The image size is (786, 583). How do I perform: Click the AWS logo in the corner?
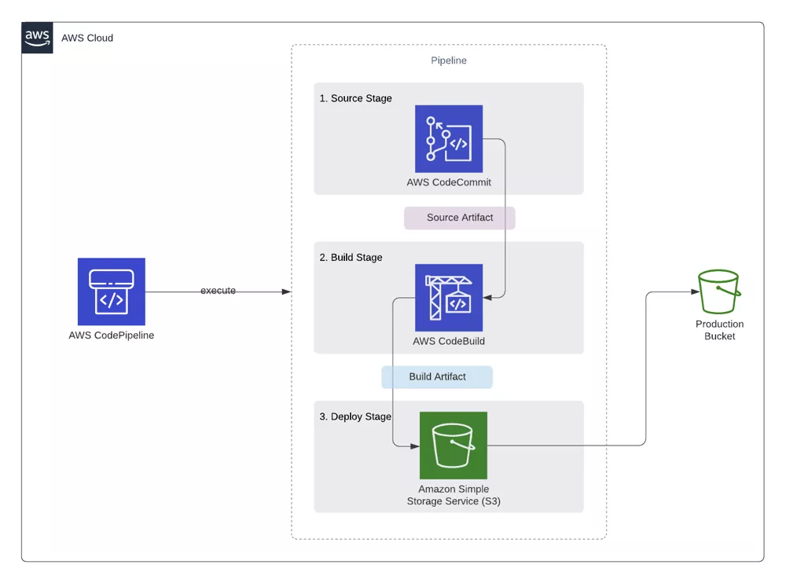pyautogui.click(x=37, y=38)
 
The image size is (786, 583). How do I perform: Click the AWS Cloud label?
pyautogui.click(x=87, y=38)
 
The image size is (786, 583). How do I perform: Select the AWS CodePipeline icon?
pyautogui.click(x=112, y=291)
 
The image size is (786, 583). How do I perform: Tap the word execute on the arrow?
pyautogui.click(x=218, y=291)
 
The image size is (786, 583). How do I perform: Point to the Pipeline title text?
pyautogui.click(x=449, y=60)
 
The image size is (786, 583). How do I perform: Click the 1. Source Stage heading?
pyautogui.click(x=356, y=98)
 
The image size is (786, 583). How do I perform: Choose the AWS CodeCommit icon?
pyautogui.click(x=449, y=139)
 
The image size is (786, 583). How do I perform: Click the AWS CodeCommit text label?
pyautogui.click(x=449, y=182)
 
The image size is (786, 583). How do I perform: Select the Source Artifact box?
pyautogui.click(x=460, y=218)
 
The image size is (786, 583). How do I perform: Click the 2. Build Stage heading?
pyautogui.click(x=351, y=258)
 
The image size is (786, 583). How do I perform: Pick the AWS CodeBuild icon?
pyautogui.click(x=449, y=298)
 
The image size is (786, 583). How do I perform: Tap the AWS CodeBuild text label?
pyautogui.click(x=449, y=341)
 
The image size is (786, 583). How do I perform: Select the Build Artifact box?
pyautogui.click(x=437, y=377)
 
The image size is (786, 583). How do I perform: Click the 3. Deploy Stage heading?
pyautogui.click(x=355, y=416)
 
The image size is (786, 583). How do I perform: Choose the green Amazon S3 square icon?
pyautogui.click(x=454, y=445)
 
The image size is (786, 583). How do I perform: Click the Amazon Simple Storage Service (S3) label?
pyautogui.click(x=454, y=495)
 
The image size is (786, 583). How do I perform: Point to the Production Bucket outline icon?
pyautogui.click(x=719, y=291)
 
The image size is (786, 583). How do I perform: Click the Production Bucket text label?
pyautogui.click(x=720, y=330)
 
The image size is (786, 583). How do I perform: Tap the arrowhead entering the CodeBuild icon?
pyautogui.click(x=487, y=298)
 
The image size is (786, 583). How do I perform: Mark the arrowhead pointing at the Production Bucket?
pyautogui.click(x=696, y=291)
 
